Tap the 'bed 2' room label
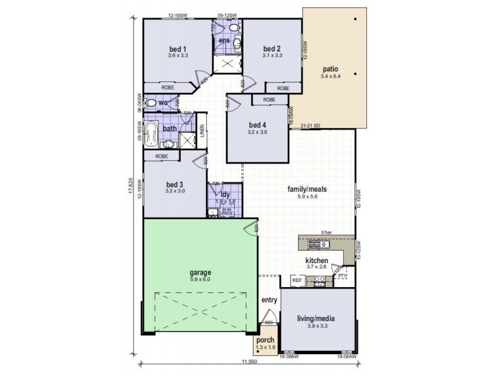[x=271, y=49]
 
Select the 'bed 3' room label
[x=174, y=184]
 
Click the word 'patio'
[x=331, y=69]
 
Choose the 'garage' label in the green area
[x=200, y=273]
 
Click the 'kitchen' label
[x=317, y=259]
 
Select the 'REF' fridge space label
[x=297, y=280]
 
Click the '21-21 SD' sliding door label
[x=311, y=125]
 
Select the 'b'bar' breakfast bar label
[x=326, y=233]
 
